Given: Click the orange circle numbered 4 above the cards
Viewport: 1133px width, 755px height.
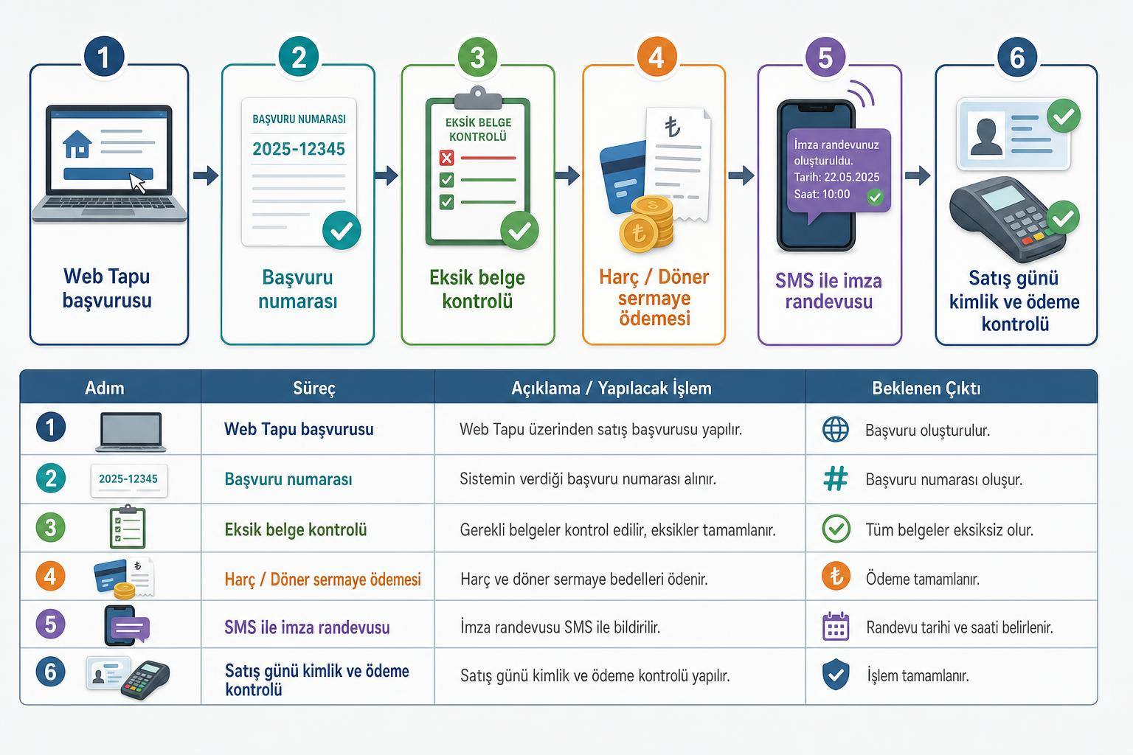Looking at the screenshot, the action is (x=656, y=57).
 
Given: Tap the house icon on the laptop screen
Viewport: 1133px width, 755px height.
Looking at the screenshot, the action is (x=77, y=144).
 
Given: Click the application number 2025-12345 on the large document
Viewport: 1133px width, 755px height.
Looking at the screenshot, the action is (x=299, y=149).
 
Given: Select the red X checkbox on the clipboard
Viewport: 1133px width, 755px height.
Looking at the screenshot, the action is (x=446, y=158).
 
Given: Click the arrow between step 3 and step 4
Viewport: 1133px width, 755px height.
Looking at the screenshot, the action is (x=567, y=175).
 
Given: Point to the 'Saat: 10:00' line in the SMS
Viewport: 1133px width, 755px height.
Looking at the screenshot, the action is (x=822, y=194).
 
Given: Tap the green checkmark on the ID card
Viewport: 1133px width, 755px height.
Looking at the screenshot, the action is (x=1063, y=116).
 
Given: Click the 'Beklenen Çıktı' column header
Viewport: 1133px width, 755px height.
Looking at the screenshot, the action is (x=926, y=389).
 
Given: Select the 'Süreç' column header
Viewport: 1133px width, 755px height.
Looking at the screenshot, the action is (x=314, y=389).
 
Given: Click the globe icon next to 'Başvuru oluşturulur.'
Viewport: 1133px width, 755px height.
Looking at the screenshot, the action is (x=836, y=429).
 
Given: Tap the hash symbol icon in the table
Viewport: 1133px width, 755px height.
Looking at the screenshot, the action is (x=836, y=479).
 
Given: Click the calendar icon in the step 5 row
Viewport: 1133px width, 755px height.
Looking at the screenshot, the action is (x=836, y=627).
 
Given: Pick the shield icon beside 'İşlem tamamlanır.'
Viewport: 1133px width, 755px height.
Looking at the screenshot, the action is (x=836, y=675).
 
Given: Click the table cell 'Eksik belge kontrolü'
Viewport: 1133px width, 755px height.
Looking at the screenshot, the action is (x=296, y=530).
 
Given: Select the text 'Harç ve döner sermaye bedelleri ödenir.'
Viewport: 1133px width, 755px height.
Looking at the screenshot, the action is (x=583, y=579).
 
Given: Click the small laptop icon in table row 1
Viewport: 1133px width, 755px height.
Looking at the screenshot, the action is (x=131, y=432).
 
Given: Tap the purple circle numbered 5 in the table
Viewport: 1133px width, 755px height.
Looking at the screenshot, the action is (x=51, y=624).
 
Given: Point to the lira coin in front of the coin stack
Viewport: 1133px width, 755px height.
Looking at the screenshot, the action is (x=639, y=233).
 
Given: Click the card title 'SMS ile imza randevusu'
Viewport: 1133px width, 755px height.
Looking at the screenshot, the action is (x=828, y=290).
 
